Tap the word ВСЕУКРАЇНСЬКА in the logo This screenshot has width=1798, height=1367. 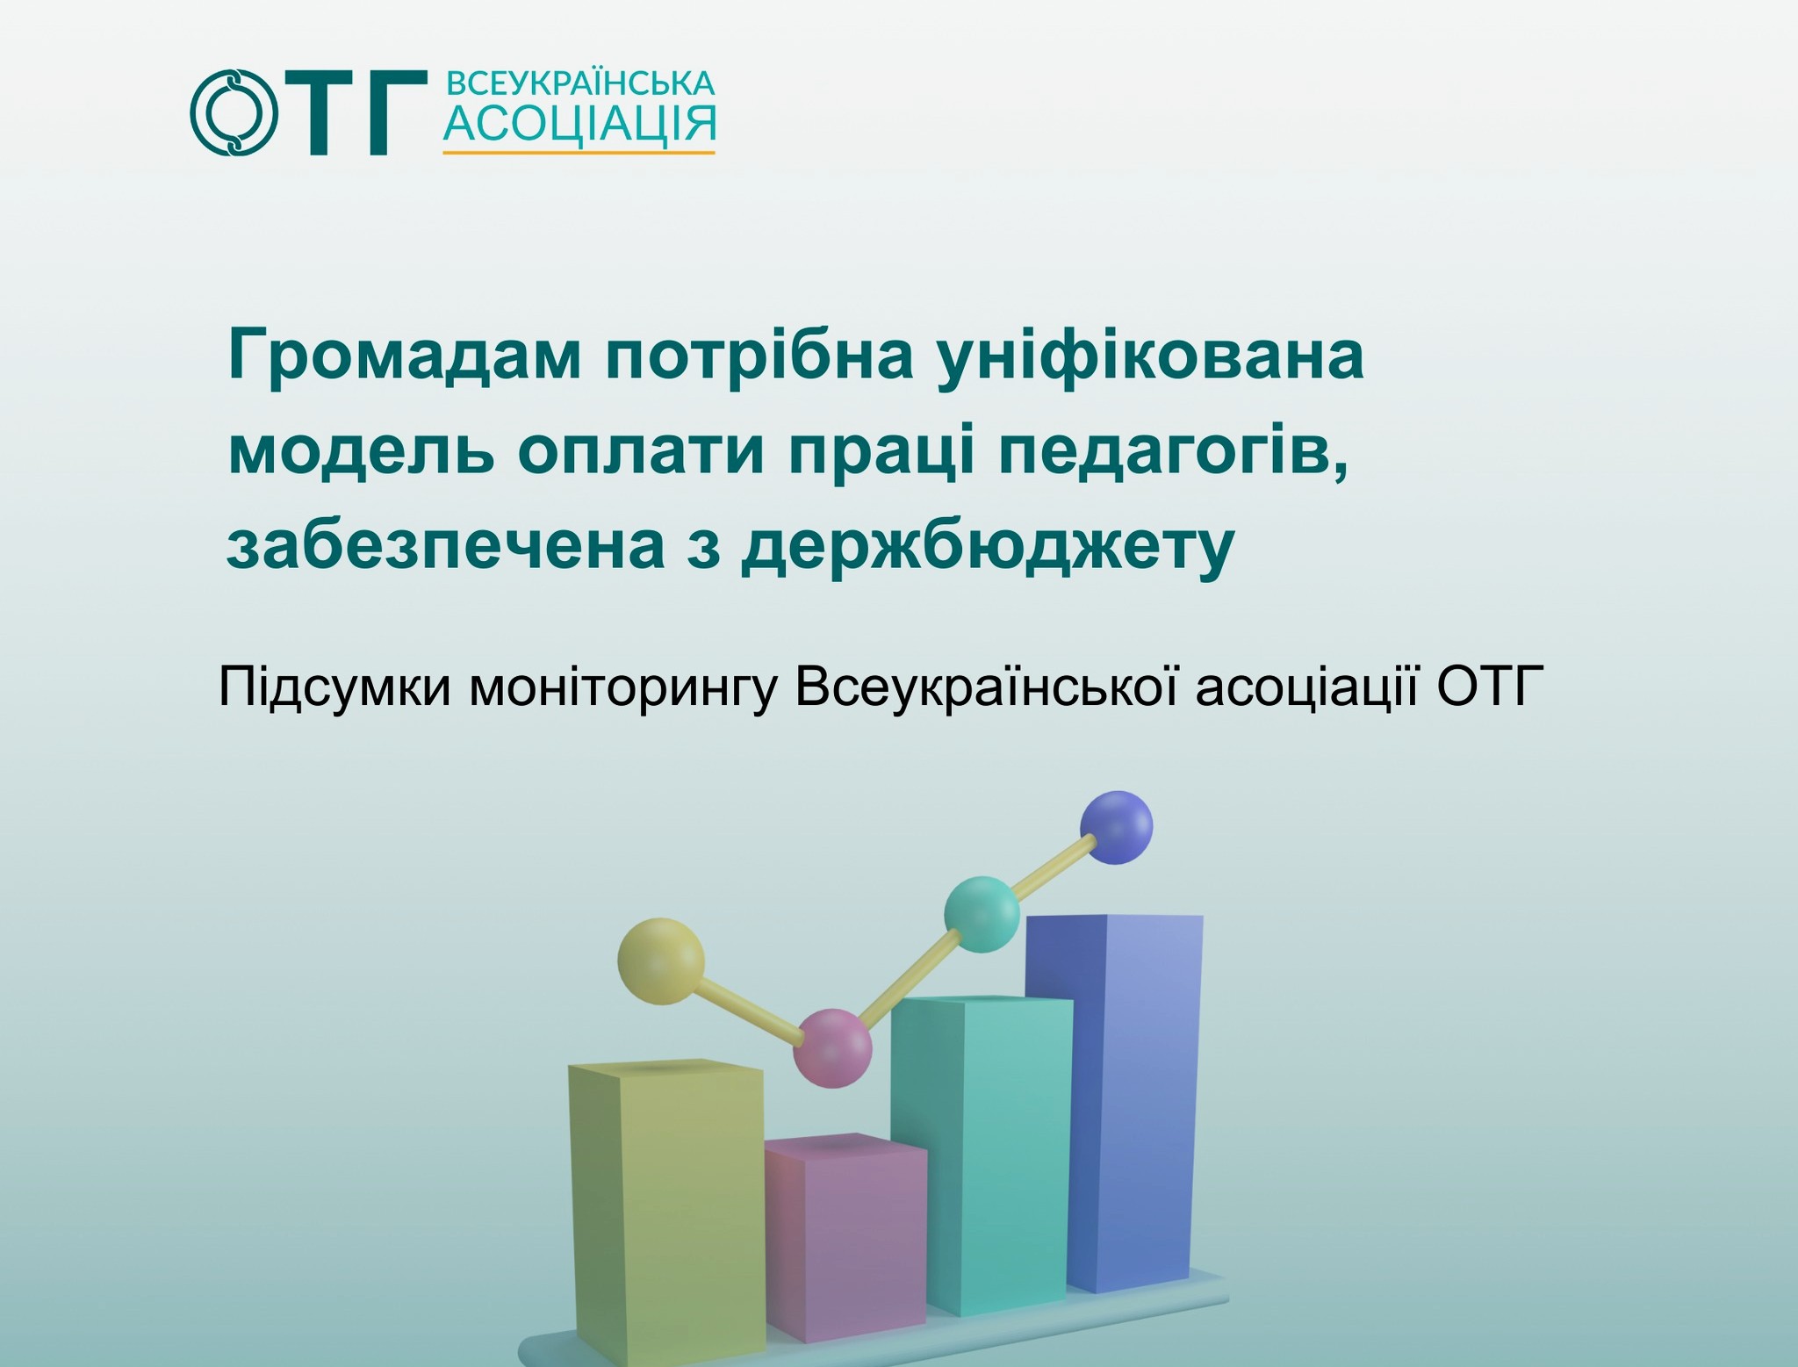pos(580,83)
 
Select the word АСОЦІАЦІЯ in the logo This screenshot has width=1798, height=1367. pos(579,124)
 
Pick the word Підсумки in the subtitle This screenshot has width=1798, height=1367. pos(334,687)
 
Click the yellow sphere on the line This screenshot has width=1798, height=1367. pos(661,961)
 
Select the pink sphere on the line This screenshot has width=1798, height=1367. pos(832,1048)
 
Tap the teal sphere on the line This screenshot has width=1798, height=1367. pos(982,914)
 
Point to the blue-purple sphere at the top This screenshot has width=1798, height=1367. pos(1116,827)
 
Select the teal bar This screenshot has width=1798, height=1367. pos(982,1155)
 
